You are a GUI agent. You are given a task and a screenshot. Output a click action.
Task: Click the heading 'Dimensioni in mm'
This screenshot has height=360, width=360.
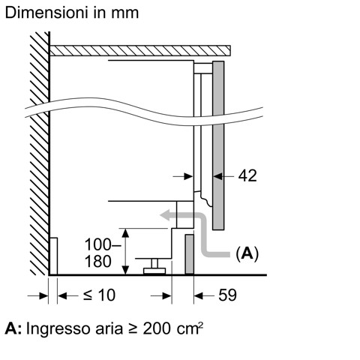point(70,13)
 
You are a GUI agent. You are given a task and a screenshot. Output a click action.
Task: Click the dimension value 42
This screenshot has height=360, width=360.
point(247,175)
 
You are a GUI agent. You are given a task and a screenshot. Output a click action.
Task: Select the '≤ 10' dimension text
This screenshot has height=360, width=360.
point(99,295)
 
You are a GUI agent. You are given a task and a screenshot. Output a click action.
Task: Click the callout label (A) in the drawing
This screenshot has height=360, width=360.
point(247,254)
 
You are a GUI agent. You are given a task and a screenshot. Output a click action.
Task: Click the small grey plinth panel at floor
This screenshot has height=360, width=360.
point(190,255)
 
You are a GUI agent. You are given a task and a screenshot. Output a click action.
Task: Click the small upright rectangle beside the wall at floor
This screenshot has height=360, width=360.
point(54,256)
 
